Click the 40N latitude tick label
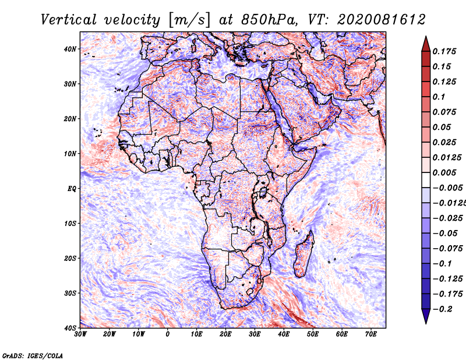[x=70, y=49]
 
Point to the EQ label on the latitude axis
[x=72, y=189]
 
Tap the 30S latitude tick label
[x=70, y=294]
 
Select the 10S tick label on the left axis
[x=70, y=224]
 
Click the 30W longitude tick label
[x=80, y=334]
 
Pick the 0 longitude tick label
[x=168, y=334]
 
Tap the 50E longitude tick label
[x=313, y=334]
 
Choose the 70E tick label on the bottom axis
[x=370, y=334]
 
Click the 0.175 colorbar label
[x=444, y=51]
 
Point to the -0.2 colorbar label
[x=443, y=309]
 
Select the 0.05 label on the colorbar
[x=442, y=127]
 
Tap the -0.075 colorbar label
[x=447, y=249]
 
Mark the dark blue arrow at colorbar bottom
[x=426, y=316]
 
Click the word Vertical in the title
[x=69, y=20]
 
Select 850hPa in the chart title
[x=269, y=20]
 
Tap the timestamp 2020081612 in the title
[x=382, y=20]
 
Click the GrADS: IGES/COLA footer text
[x=33, y=355]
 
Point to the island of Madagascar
[x=304, y=254]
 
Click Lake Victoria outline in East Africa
[x=263, y=192]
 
